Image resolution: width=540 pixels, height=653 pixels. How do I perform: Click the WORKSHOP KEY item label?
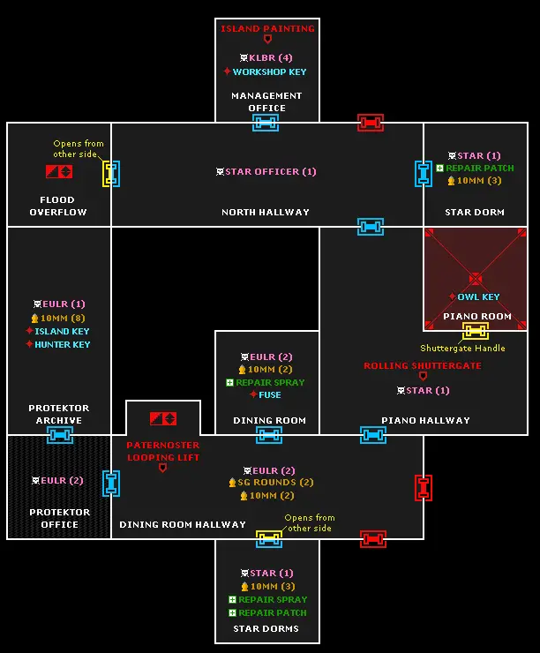click(269, 71)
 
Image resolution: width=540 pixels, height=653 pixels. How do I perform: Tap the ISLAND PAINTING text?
click(267, 29)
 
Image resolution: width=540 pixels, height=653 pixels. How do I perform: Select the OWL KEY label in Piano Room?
click(478, 296)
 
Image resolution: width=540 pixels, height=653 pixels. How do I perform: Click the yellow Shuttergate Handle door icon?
click(475, 331)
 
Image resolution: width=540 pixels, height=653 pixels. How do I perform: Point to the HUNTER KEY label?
click(63, 344)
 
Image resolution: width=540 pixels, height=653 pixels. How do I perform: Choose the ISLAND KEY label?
click(62, 331)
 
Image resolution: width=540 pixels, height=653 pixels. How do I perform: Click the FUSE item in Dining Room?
click(270, 394)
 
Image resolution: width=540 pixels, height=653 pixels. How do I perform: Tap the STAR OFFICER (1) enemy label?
click(271, 171)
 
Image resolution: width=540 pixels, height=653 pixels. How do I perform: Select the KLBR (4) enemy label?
click(271, 57)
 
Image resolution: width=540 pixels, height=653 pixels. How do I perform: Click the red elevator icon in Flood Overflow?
click(59, 171)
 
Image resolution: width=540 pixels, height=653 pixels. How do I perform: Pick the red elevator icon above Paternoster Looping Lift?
click(163, 418)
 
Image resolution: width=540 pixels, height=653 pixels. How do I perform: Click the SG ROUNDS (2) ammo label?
click(275, 483)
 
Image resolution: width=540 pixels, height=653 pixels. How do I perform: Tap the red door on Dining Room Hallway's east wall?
click(424, 488)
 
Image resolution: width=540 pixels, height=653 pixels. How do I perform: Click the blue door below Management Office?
click(266, 123)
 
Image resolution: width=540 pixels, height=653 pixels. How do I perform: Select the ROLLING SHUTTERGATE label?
click(423, 365)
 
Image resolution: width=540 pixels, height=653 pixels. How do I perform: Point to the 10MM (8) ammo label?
click(63, 319)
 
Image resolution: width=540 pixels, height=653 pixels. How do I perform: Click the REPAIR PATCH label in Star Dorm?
click(480, 169)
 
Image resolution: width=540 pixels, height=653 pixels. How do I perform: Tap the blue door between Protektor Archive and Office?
click(60, 435)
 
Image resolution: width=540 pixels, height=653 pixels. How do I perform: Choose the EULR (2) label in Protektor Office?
click(62, 481)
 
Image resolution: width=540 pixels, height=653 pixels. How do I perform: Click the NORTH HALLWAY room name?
click(266, 212)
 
